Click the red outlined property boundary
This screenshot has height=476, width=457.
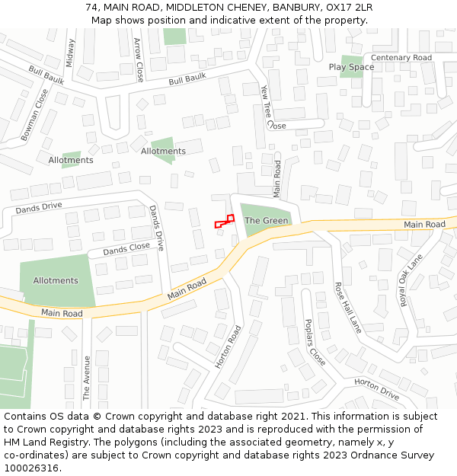[x=225, y=222]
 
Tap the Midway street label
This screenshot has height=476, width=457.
[x=71, y=53]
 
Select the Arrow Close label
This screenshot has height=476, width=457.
[x=139, y=60]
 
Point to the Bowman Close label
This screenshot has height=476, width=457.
[x=35, y=115]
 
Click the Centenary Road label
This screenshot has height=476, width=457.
[x=401, y=58]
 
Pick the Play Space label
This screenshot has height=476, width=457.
[x=351, y=67]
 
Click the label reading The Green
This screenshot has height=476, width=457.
[x=266, y=221]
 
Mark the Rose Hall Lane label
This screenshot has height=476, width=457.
[x=348, y=307]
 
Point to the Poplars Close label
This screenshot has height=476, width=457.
[x=315, y=342]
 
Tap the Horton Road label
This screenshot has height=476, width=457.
[x=228, y=347]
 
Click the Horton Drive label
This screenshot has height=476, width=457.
[x=376, y=389]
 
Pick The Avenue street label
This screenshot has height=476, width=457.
[x=87, y=378]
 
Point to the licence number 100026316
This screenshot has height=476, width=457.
[x=31, y=468]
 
